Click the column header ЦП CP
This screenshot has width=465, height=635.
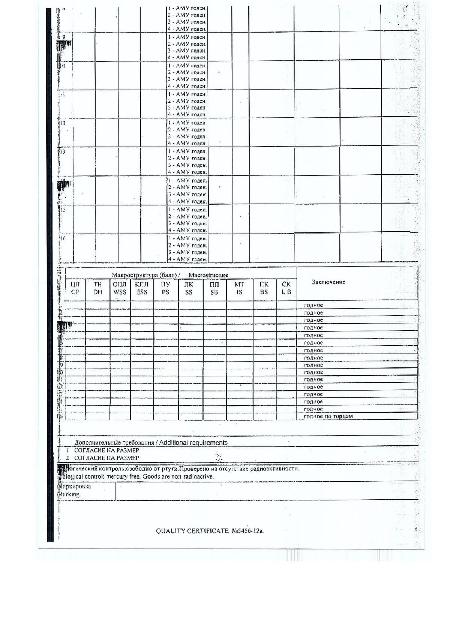tap(75, 288)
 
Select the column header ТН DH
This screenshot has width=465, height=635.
tap(97, 288)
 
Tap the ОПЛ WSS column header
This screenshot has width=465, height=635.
tap(120, 288)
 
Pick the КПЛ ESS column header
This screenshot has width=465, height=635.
tap(142, 288)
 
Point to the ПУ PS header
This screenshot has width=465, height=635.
tap(165, 288)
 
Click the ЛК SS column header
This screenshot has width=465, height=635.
tap(189, 288)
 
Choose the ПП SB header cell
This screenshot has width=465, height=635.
tap(214, 288)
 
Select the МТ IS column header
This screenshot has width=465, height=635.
tap(239, 288)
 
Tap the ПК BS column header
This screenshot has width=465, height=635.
tap(264, 288)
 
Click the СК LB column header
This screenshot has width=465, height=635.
tap(286, 288)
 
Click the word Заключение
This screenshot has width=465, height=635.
tap(328, 282)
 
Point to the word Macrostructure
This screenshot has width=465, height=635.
tap(208, 275)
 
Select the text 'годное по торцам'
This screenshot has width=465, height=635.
tap(328, 416)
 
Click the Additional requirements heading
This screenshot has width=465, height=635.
tap(193, 443)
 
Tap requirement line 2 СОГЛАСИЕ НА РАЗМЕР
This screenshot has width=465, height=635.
tap(106, 458)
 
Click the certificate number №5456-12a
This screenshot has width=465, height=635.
tap(248, 531)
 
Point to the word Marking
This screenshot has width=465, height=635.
tap(70, 494)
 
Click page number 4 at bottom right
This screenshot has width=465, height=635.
tap(416, 530)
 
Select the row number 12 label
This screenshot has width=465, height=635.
tap(63, 123)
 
